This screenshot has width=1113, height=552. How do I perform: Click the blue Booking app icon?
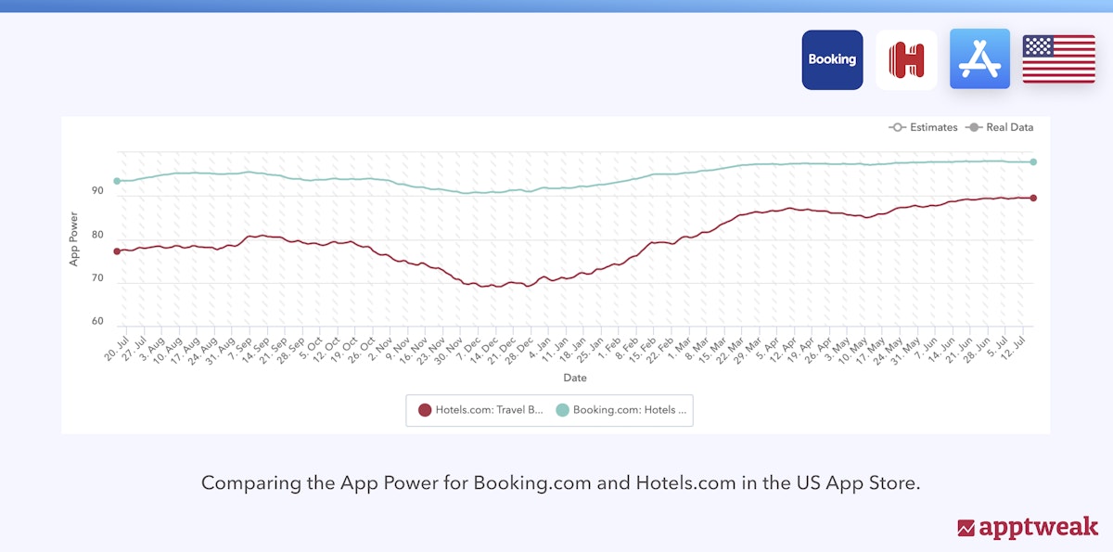click(x=832, y=59)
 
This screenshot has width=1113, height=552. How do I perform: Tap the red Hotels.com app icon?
click(x=906, y=59)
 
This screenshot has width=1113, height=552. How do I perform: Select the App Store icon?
click(x=979, y=59)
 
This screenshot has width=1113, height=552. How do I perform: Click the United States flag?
click(x=1058, y=59)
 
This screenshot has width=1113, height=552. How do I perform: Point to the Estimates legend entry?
click(x=923, y=127)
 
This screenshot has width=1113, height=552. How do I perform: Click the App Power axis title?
click(x=74, y=238)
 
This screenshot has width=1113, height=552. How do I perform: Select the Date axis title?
click(x=575, y=378)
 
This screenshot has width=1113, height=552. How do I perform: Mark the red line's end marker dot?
click(x=1032, y=198)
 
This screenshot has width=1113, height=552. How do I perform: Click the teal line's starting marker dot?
click(x=117, y=181)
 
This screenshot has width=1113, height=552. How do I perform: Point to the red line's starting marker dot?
click(x=117, y=251)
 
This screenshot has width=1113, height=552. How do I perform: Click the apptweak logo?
click(x=1027, y=527)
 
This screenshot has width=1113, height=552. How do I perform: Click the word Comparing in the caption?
click(x=242, y=483)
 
